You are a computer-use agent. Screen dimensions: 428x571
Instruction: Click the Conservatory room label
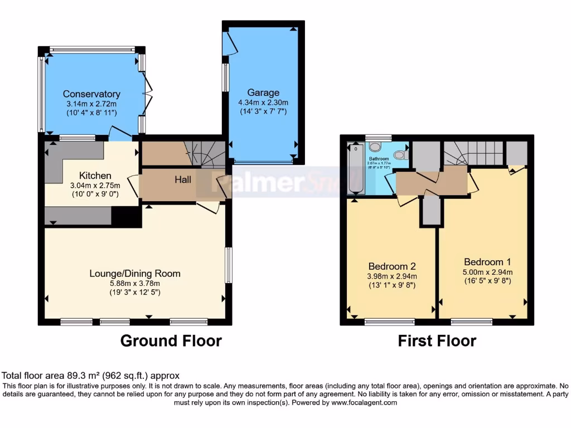(x=91, y=94)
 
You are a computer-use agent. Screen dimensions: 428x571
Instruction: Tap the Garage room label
(x=263, y=93)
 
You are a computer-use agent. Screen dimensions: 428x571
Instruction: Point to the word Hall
(x=183, y=179)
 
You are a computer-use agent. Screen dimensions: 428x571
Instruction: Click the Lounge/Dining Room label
(x=135, y=274)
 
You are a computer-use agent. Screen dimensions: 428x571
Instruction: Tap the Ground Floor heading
(x=171, y=341)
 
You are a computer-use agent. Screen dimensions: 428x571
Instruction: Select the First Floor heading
(x=437, y=341)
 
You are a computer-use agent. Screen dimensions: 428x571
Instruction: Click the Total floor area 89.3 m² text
(x=90, y=376)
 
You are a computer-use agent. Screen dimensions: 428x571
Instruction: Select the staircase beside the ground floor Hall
(x=205, y=154)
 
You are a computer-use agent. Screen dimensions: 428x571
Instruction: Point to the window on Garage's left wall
(x=225, y=77)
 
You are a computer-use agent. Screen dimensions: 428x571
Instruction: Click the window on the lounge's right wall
(x=229, y=265)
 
